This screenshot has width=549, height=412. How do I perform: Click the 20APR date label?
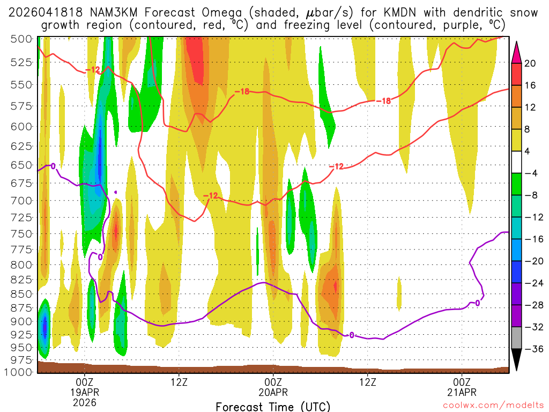273,392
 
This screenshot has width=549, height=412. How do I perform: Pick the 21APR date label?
462,392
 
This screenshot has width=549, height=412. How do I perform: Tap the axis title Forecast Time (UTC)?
273,406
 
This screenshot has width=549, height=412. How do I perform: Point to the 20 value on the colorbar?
531,63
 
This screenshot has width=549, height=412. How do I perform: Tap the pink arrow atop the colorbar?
517,51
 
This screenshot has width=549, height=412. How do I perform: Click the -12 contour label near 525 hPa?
93,70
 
